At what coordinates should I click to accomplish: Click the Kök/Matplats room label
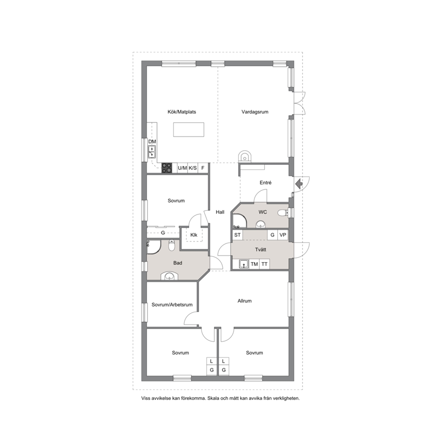[181, 112]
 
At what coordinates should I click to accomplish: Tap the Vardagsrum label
[255, 112]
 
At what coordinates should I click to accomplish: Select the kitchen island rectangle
[188, 129]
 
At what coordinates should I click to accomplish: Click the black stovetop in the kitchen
[167, 168]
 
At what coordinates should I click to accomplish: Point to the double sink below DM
[152, 151]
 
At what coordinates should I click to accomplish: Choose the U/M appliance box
[182, 168]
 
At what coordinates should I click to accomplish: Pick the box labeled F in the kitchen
[203, 168]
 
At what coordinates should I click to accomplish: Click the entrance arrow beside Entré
[299, 184]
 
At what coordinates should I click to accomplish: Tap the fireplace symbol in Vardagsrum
[244, 156]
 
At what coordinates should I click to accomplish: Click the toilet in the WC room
[282, 213]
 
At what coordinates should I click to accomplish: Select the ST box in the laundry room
[237, 235]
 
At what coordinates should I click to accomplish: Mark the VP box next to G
[283, 235]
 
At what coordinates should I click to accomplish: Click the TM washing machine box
[254, 264]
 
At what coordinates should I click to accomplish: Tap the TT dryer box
[264, 264]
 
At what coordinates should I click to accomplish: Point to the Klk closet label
[194, 235]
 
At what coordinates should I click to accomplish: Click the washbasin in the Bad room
[169, 276]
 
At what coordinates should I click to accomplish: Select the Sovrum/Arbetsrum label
[172, 305]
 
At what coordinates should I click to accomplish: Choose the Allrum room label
[245, 301]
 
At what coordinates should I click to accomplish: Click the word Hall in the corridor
[220, 212]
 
